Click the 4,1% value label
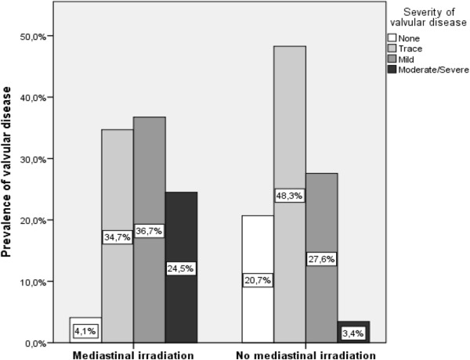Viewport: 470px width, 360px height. pyautogui.click(x=86, y=332)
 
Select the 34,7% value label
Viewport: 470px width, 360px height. pyautogui.click(x=117, y=236)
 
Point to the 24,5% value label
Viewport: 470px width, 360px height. pyautogui.click(x=180, y=267)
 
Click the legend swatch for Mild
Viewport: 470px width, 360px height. pyautogui.click(x=393, y=59)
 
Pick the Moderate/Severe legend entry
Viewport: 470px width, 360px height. pyautogui.click(x=424, y=70)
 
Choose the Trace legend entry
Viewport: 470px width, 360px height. pyautogui.click(x=410, y=48)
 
